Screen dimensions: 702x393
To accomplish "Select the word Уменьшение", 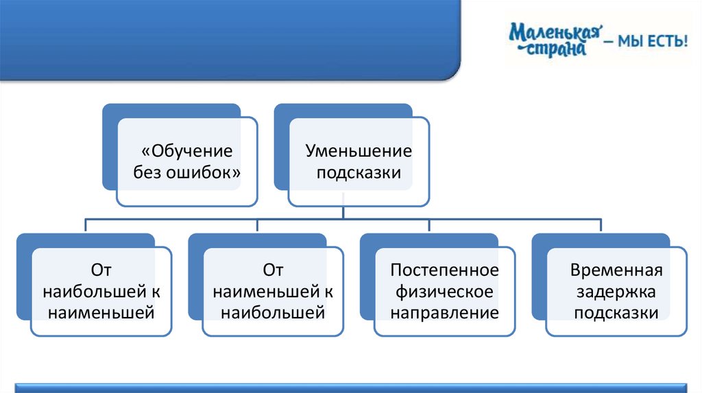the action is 359,151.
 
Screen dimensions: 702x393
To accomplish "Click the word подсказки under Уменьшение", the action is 359,172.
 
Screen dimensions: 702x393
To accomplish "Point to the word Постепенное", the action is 444,270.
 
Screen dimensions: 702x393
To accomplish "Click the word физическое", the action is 444,292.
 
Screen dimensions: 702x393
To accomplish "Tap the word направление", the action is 444,313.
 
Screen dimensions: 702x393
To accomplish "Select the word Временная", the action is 616,270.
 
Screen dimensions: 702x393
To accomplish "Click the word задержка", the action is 616,292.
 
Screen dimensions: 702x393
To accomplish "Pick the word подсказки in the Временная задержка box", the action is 616,313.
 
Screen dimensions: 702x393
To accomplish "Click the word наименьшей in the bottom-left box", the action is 101,313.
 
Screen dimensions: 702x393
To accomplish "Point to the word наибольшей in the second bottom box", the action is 273,313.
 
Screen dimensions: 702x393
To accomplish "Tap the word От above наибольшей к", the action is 101,270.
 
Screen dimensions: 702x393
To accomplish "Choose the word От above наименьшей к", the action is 273,270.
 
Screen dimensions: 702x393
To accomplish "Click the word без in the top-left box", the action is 148,172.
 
